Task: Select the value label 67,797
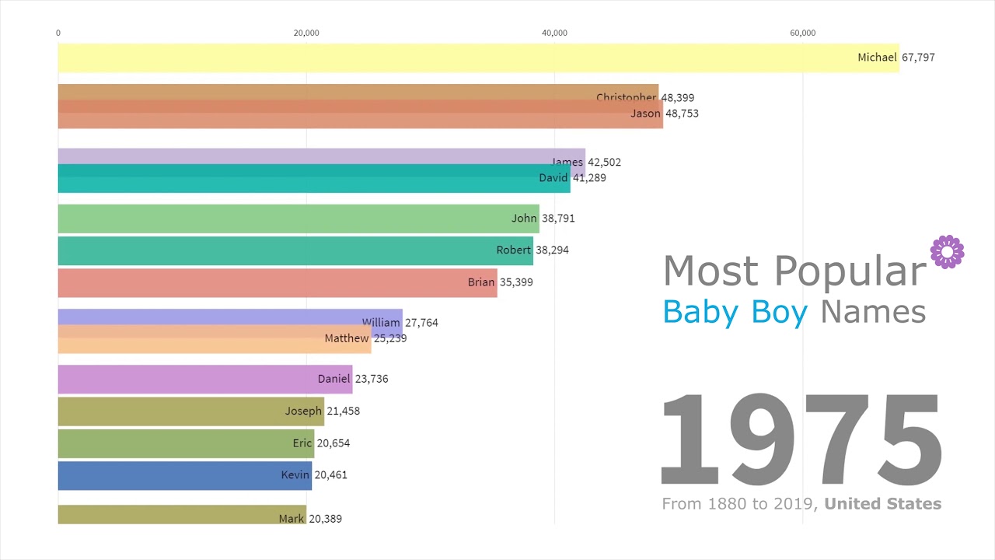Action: point(918,58)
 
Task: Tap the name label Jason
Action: point(645,114)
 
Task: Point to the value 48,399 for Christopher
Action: point(677,98)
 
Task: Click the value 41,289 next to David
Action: point(589,178)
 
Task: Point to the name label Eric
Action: point(302,443)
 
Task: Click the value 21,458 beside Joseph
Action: point(343,411)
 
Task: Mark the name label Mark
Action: point(292,519)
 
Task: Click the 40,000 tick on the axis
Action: point(554,33)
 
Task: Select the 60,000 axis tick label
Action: point(803,33)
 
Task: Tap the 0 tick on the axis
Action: point(58,33)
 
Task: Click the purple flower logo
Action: point(947,252)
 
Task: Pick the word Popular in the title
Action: point(850,271)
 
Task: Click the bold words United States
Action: point(882,504)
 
